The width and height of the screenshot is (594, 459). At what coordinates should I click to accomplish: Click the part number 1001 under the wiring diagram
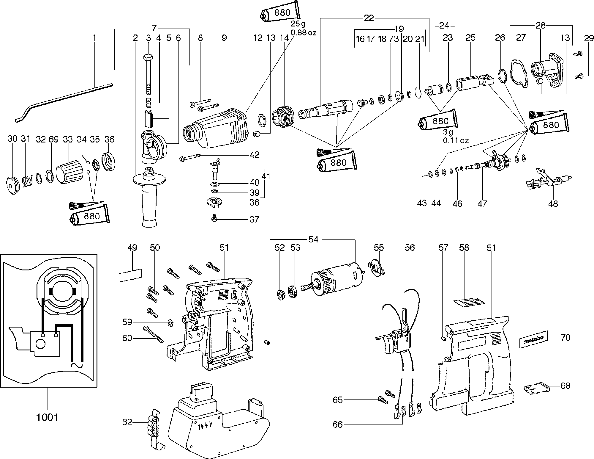click(47, 417)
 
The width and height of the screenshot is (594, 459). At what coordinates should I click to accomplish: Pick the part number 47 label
click(482, 203)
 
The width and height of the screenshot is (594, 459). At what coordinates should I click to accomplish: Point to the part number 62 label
click(127, 422)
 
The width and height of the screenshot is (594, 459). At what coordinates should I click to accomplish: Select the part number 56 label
click(410, 247)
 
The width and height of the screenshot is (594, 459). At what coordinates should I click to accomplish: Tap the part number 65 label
click(338, 400)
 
